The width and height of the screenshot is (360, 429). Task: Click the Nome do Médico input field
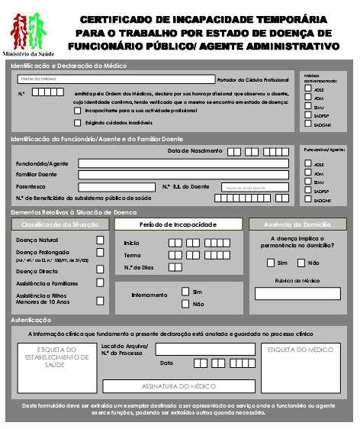click(x=114, y=79)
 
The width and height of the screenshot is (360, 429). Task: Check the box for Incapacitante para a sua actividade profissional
click(x=78, y=111)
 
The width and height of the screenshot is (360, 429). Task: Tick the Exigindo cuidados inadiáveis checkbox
click(x=78, y=122)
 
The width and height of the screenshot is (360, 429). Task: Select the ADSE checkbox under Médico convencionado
click(x=308, y=89)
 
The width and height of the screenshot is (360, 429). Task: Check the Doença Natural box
click(x=100, y=239)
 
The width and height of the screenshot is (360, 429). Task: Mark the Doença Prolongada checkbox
click(x=100, y=254)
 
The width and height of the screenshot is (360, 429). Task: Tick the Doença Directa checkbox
click(x=100, y=270)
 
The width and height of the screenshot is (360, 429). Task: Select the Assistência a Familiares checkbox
click(x=100, y=282)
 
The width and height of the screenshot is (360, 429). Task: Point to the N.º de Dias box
click(x=175, y=267)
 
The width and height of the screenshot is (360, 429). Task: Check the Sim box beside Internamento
click(x=185, y=292)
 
